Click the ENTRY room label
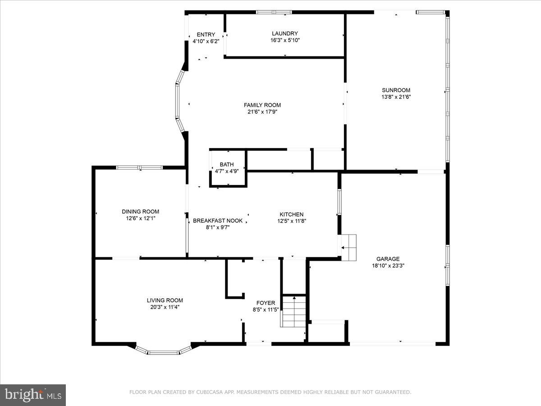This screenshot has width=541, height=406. (206, 35)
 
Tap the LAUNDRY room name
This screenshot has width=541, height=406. (284, 33)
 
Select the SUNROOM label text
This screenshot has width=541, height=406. (396, 90)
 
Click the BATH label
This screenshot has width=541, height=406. (227, 165)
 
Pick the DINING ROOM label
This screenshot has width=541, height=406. (140, 212)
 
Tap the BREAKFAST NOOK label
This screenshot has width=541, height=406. (218, 221)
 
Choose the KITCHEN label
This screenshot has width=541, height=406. (292, 214)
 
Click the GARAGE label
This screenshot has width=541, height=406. (388, 259)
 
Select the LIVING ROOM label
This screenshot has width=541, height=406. (165, 300)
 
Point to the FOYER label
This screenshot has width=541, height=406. (266, 303)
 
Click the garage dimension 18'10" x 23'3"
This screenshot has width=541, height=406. (388, 266)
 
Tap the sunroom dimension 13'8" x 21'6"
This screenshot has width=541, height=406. (396, 97)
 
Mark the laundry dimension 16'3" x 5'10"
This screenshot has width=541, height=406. (284, 40)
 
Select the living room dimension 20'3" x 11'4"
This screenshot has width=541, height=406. (165, 307)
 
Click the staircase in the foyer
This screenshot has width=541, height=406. (294, 311)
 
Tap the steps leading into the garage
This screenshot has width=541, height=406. (348, 247)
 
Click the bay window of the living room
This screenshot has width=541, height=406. (164, 351)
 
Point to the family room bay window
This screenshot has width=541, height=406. (179, 101)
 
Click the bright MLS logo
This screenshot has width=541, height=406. (33, 395)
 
